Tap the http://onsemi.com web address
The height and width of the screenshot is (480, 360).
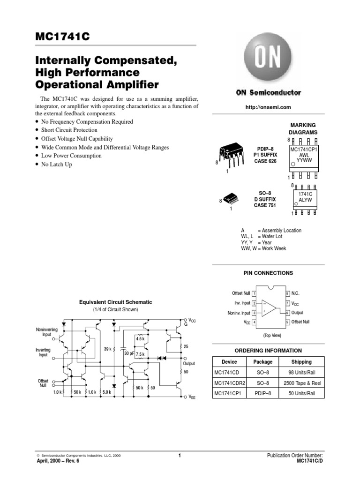pos(268,107)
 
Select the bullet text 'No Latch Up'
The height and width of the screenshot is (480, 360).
pos(57,165)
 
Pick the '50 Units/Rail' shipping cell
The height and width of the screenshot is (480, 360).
pos(301,393)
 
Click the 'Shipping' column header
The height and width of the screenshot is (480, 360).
pos(301,362)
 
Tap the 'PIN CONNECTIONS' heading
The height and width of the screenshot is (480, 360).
pos(268,273)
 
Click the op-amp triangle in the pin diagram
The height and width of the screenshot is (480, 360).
pos(269,307)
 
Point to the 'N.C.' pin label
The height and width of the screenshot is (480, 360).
pos(295,293)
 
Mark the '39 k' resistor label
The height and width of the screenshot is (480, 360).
pos(107,349)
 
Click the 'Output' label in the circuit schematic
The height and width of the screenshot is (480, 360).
pos(189,363)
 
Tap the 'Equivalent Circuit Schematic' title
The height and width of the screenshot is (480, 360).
pos(115,303)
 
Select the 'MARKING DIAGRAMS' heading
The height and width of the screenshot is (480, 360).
pos(304,128)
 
